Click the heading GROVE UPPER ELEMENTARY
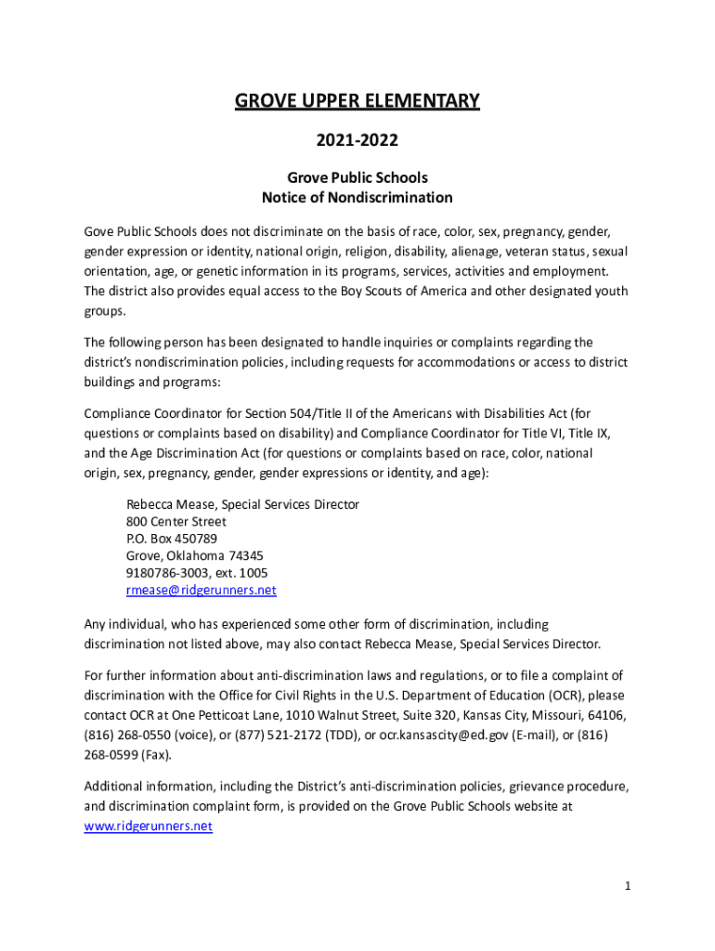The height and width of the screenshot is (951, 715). point(357,100)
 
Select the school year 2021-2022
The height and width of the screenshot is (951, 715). point(357,141)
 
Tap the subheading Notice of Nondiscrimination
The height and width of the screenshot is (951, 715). point(357,197)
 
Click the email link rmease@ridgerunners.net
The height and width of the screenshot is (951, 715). point(201,590)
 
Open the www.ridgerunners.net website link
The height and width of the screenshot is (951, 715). point(149,826)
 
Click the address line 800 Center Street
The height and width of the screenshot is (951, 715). point(176,521)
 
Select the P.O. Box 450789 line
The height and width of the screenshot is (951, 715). point(172,539)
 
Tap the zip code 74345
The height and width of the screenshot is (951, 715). point(233,555)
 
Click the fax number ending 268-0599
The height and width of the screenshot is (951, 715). point(111,753)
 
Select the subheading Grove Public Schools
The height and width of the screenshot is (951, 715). point(357,177)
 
